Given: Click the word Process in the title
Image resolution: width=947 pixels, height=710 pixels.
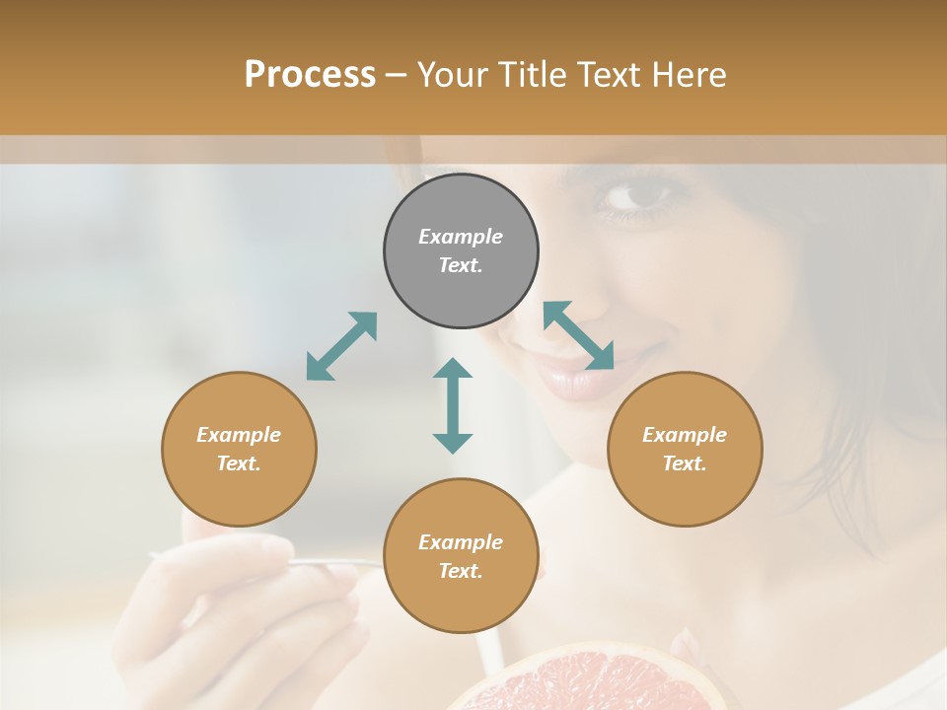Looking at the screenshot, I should click(x=310, y=75).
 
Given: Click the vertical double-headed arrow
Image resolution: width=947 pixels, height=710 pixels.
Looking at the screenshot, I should click(x=453, y=405).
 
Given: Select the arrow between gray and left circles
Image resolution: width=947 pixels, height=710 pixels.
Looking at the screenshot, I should click(x=341, y=346).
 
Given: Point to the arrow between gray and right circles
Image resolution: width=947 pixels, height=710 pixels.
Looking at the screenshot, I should click(x=579, y=335).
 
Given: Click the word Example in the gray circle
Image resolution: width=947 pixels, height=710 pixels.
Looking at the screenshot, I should click(x=461, y=237).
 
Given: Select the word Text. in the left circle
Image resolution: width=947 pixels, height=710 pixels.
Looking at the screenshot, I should click(x=239, y=463).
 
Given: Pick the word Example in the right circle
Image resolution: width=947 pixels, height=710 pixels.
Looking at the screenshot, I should click(x=685, y=435).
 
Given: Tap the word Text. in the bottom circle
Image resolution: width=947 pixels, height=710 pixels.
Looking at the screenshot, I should click(x=461, y=571).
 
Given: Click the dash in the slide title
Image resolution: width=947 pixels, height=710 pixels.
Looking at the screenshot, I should click(x=396, y=75).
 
